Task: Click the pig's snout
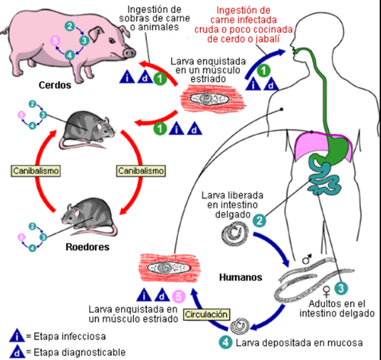coord(129,53)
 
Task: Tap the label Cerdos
coord(55,85)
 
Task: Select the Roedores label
coord(88,247)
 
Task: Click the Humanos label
coord(241,277)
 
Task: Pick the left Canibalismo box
coord(36,171)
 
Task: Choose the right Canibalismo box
coord(141,171)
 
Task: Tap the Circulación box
coord(207,314)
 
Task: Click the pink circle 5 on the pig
coord(55,41)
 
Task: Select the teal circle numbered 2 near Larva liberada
coord(259,221)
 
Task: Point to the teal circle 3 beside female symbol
coord(341,288)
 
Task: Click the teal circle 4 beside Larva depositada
coord(226,342)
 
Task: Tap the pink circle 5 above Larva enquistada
coord(179,297)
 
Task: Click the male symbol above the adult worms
coord(307,259)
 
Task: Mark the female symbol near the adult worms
coord(326,292)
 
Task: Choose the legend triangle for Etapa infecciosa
coord(17,336)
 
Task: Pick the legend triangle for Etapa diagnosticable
coord(17,352)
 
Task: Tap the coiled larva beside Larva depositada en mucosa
coord(240,327)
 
